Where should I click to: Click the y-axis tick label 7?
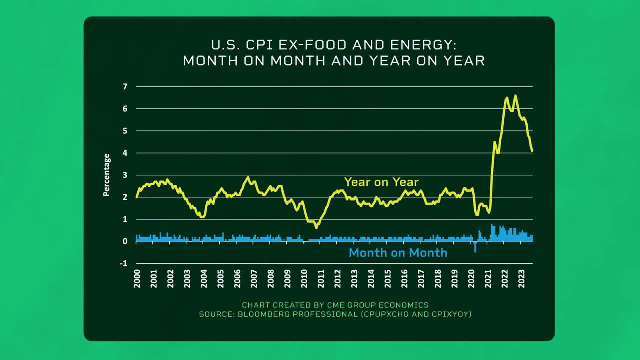point(125,87)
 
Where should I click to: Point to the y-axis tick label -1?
point(124,263)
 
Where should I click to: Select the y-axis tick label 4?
point(125,153)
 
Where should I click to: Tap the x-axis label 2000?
point(137,278)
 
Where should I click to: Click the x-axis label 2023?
point(521,278)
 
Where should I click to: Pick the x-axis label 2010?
point(304,278)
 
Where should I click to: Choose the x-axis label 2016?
point(404,278)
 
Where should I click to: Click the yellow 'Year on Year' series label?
point(381,182)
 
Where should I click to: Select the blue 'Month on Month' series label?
point(398,252)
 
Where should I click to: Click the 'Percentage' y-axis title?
point(106,175)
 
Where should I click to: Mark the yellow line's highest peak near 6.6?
point(515,95)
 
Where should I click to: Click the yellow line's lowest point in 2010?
point(316,227)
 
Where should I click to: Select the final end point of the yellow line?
point(532,151)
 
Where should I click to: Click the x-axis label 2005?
point(220,278)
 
